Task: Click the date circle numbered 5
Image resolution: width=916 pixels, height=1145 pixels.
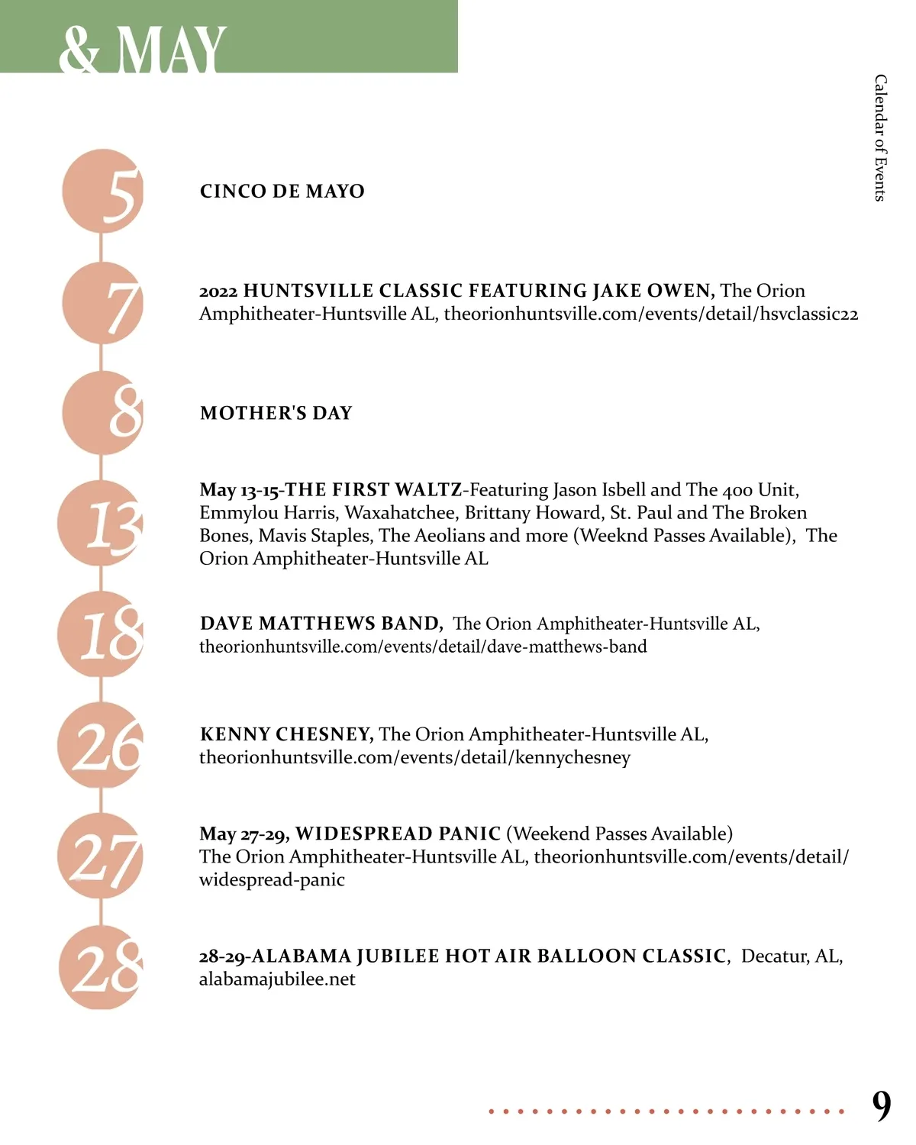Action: click(103, 191)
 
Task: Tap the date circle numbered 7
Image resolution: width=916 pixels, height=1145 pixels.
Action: click(103, 303)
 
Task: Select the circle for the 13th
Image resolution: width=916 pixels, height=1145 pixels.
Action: click(101, 524)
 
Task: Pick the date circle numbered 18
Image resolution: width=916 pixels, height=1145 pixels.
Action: click(101, 634)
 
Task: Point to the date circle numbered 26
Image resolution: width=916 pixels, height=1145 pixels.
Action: click(101, 745)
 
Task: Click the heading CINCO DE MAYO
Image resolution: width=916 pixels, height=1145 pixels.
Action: click(282, 191)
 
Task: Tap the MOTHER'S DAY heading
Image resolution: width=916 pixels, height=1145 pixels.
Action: click(276, 413)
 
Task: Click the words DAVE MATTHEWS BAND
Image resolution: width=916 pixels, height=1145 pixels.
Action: click(321, 624)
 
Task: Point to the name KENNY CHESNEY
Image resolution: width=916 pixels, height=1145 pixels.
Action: click(286, 734)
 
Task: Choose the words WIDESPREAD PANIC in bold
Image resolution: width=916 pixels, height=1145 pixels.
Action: click(398, 834)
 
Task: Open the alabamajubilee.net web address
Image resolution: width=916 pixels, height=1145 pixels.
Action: click(277, 979)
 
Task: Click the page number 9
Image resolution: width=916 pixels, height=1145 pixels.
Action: click(882, 1105)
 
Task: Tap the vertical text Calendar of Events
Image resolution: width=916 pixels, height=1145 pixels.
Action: click(881, 137)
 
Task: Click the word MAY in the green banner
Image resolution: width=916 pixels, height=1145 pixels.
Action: click(172, 50)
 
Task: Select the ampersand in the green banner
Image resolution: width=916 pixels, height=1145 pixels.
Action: click(79, 50)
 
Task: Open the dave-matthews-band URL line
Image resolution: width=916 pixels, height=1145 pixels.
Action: click(423, 647)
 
